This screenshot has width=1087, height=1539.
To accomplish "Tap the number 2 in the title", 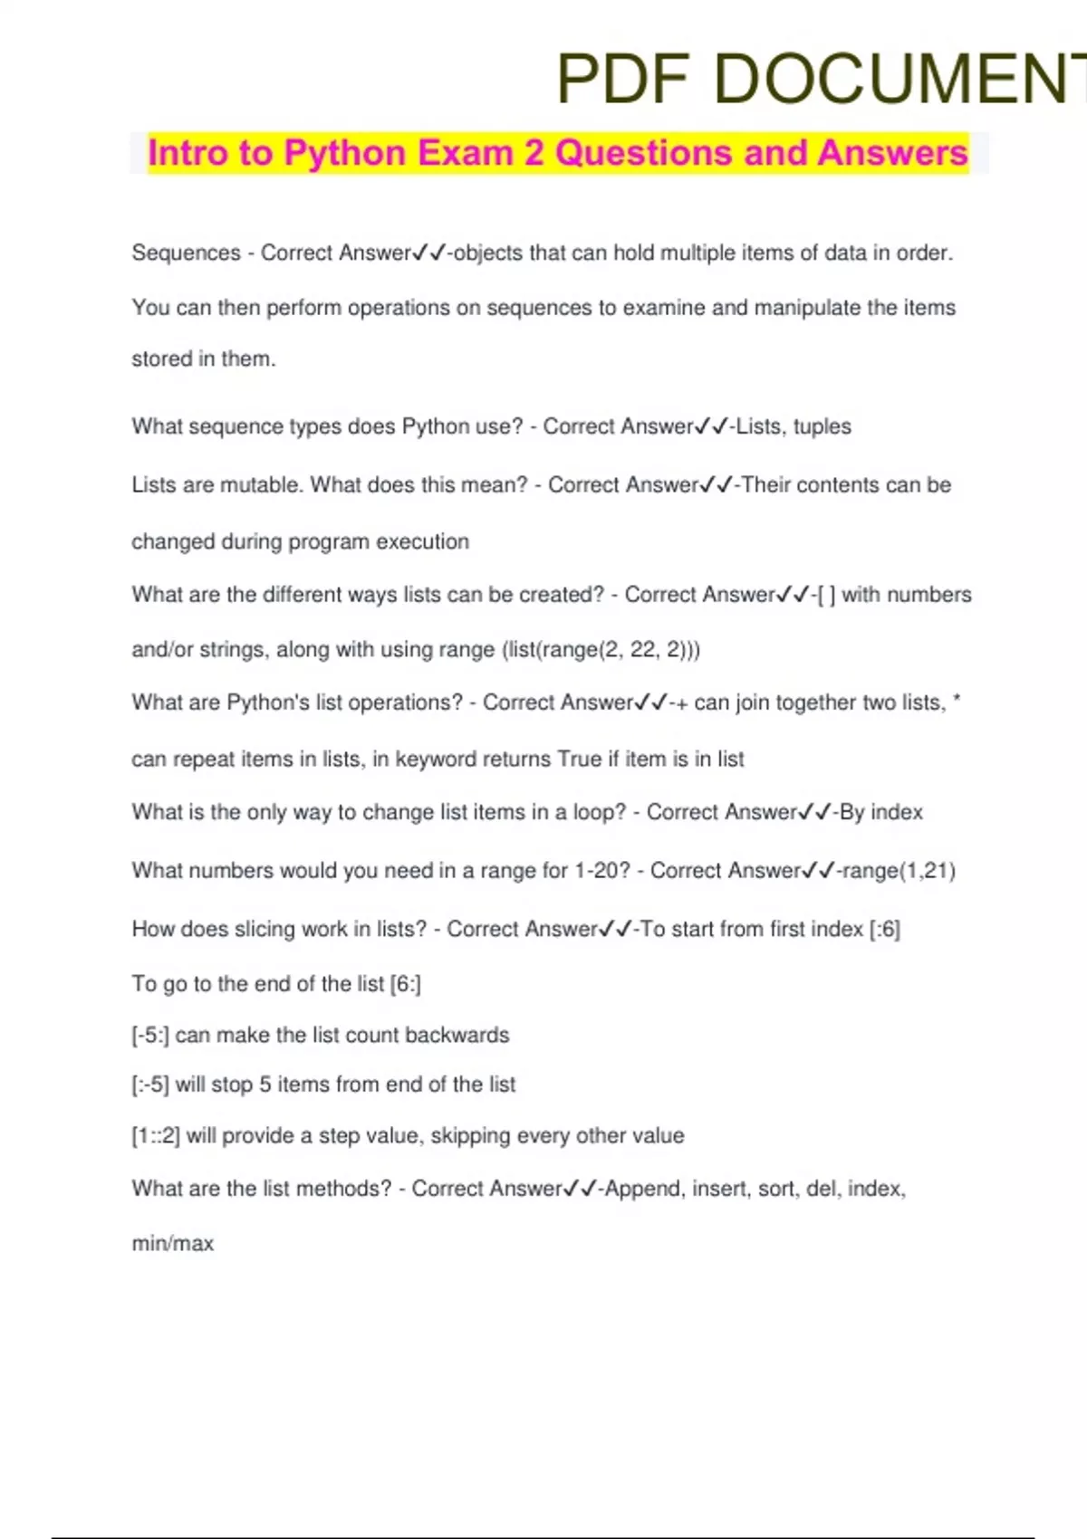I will (x=534, y=153).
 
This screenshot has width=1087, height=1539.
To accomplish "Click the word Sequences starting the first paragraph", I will (x=186, y=253).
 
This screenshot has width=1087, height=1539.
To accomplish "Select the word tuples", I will (x=822, y=426).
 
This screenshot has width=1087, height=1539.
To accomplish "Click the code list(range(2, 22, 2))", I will (x=601, y=650).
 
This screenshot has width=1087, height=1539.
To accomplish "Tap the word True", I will (x=579, y=759).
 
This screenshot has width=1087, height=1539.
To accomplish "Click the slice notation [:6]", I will (x=884, y=929).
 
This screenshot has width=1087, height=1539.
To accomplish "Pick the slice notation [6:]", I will (x=405, y=984).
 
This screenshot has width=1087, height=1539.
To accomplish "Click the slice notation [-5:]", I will (x=150, y=1036).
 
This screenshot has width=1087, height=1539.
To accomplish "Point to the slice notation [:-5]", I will (x=150, y=1085).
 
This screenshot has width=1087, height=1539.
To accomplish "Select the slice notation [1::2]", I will (x=156, y=1136).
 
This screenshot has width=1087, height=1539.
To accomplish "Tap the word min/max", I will (x=173, y=1244).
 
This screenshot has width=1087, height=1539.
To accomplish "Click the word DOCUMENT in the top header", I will (x=901, y=80).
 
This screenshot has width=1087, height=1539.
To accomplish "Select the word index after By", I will (x=896, y=812).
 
